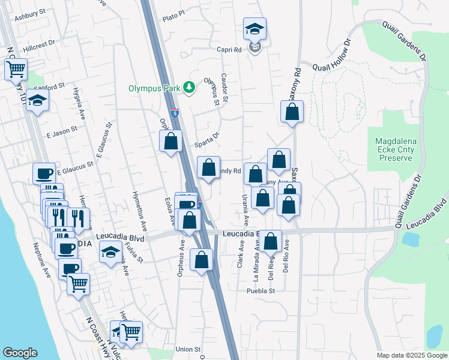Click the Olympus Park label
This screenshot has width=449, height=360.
(154, 88)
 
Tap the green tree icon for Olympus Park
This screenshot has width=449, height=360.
(190, 88)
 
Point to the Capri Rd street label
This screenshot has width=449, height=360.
(229, 50)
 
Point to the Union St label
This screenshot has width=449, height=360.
(188, 349)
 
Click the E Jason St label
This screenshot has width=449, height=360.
(62, 130)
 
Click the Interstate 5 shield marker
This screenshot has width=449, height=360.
(174, 112)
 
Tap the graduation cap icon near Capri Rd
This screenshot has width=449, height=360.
(255, 28)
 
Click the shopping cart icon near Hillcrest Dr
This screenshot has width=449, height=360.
(16, 68)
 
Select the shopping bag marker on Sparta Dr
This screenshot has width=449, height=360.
(170, 142)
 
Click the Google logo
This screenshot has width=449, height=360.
(20, 353)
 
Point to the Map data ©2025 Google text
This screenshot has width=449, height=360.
(412, 355)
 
